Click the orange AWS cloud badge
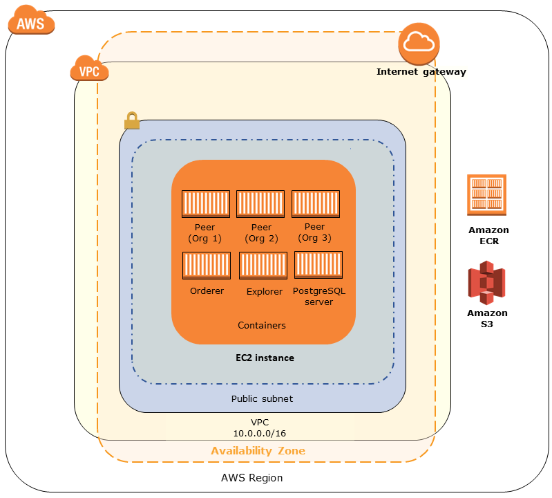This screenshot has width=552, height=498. coord(30,23)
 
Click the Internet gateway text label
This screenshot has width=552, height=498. coord(421,71)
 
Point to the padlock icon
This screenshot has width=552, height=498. coord(131,121)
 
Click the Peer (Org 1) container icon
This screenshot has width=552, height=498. coord(205,204)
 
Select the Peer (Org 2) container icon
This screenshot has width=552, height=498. coord(260,204)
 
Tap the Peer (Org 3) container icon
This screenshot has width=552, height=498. coord(315,204)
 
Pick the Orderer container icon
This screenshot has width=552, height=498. coord(206,266)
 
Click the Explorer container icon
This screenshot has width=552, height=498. coord(263,266)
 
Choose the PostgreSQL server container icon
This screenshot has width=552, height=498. coord(318,266)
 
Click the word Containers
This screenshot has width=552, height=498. coord(262,325)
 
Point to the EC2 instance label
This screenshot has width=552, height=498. coord(264,358)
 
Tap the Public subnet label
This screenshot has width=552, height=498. coord(262,398)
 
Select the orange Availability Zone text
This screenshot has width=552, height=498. coord(258,450)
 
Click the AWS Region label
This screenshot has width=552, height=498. coord(251,478)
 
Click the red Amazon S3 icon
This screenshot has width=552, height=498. coord(487,282)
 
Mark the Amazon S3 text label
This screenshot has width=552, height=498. coord(487,317)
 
